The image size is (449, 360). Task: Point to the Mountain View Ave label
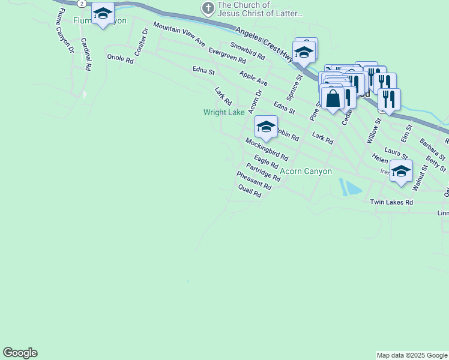tap(179, 34)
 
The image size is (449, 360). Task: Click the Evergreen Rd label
tap(227, 56)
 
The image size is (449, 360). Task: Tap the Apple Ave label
tap(253, 77)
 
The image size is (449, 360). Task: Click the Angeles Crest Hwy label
tap(265, 44)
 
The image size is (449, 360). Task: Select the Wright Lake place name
tap(224, 112)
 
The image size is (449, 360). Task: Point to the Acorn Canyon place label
tap(306, 171)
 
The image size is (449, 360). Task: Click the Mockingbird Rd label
tap(267, 149)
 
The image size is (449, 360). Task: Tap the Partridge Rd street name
tap(263, 172)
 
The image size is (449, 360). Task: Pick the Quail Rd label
tap(250, 191)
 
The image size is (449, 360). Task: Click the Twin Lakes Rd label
tap(391, 203)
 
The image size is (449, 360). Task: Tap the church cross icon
tap(208, 8)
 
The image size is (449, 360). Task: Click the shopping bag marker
tap(333, 98)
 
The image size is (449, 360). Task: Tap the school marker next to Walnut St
tap(401, 170)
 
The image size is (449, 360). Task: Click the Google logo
tap(20, 353)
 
